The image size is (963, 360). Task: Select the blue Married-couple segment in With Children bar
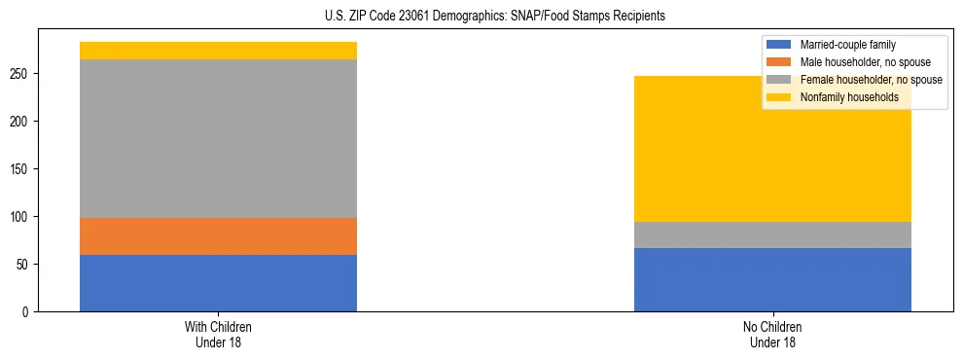coord(218,283)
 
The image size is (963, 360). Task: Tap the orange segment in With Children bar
coord(218,236)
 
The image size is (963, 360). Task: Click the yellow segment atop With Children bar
coord(218,51)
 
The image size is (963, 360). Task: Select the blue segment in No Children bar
coord(772,280)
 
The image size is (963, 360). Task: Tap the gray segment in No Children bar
coord(772,234)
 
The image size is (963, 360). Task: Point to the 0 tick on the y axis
coord(29,312)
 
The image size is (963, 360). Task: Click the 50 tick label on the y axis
coord(26,265)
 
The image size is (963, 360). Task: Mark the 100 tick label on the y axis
coord(23,217)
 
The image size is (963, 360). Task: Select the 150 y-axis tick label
coord(23,169)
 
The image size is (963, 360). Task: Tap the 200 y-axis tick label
coord(23,122)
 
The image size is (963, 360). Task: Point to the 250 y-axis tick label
coord(23,74)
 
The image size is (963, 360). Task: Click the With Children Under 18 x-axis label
coord(218,334)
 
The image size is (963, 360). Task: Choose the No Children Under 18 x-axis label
coord(772,334)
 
